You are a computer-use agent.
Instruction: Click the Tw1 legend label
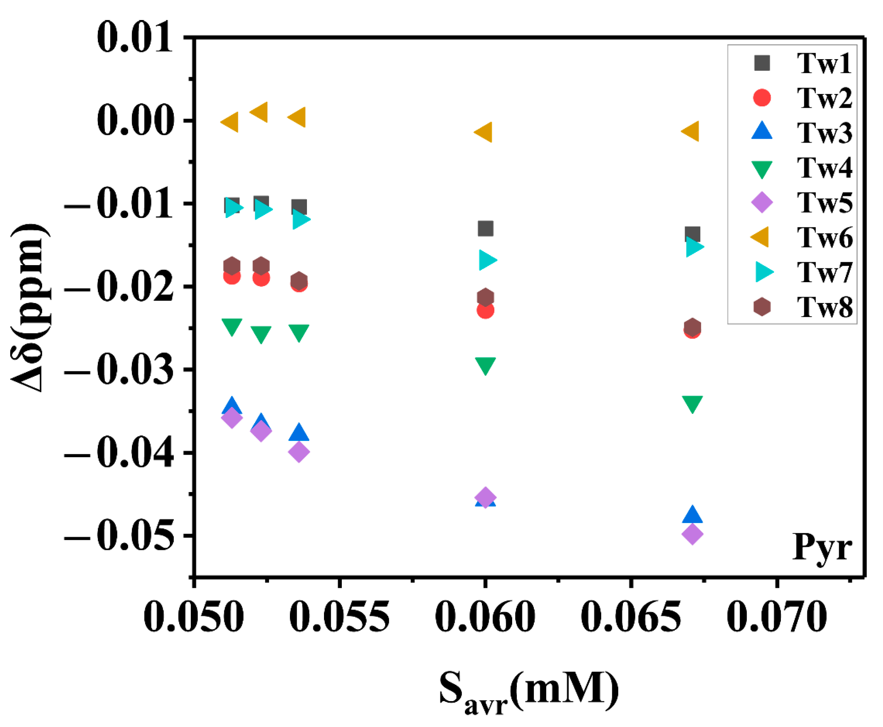tap(824, 64)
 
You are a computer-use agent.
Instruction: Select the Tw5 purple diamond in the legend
tap(762, 202)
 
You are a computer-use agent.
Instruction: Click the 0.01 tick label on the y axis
tap(135, 37)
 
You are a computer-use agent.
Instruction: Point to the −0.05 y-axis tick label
tap(119, 536)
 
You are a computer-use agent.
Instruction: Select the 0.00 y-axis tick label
tap(135, 120)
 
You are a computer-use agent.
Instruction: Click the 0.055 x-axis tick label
tap(339, 617)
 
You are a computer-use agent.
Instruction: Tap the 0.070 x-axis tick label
tap(777, 617)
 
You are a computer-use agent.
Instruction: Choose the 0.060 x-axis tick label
tap(485, 617)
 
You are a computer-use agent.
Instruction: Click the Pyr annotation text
tap(822, 548)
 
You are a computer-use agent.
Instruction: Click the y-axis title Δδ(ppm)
tap(30, 306)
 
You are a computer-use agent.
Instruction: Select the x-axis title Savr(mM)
tap(528, 690)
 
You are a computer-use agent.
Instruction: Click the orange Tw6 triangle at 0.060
tap(485, 132)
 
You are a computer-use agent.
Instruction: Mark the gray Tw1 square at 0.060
tap(485, 229)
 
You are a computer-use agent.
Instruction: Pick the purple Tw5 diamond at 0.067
tap(692, 534)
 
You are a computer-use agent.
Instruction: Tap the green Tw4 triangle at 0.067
tap(692, 403)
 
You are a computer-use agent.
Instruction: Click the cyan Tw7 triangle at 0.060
tap(487, 260)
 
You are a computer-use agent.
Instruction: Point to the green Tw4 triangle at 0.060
tap(485, 365)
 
